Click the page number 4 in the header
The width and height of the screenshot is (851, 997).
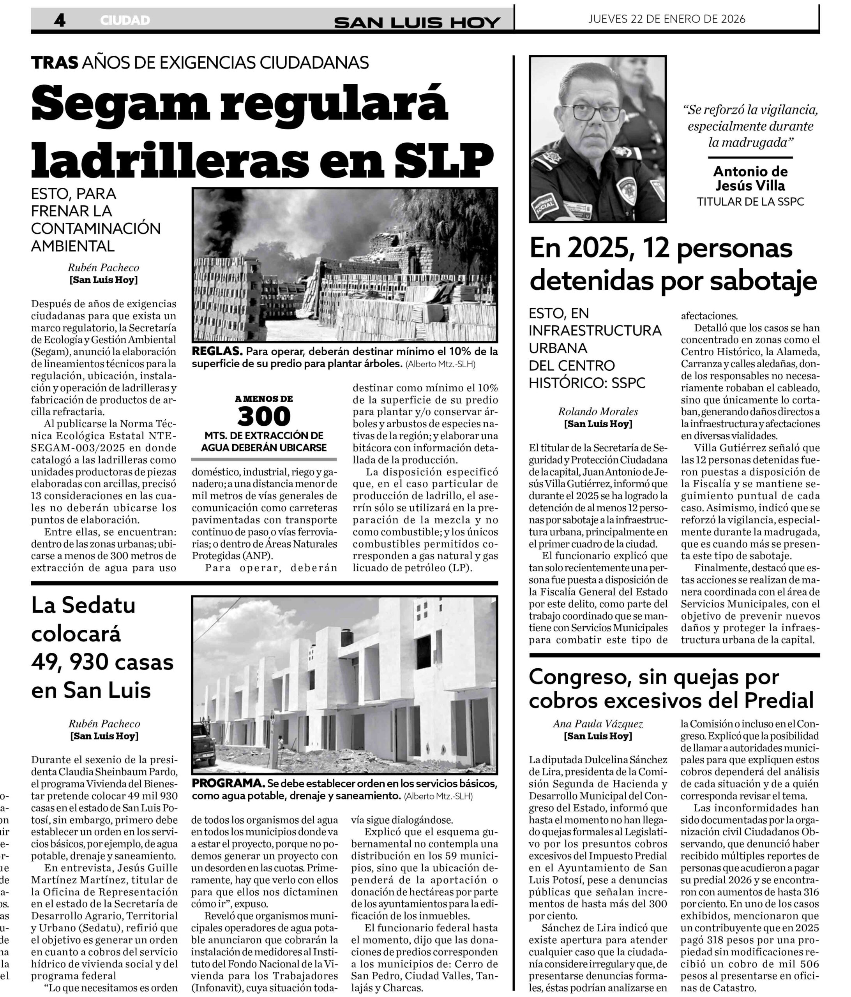click(60, 20)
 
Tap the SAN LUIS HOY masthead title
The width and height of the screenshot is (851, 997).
click(417, 22)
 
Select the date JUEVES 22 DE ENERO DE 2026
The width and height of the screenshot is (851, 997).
click(667, 19)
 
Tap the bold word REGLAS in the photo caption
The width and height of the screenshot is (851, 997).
click(216, 351)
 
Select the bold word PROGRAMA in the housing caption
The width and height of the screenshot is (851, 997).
click(228, 783)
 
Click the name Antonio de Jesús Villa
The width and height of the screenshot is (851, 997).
click(750, 178)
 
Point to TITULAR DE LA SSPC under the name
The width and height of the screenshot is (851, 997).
click(750, 202)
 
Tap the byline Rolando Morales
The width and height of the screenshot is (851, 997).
click(598, 411)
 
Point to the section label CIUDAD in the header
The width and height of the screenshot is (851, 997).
click(125, 20)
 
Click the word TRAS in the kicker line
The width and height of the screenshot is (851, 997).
click(55, 63)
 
